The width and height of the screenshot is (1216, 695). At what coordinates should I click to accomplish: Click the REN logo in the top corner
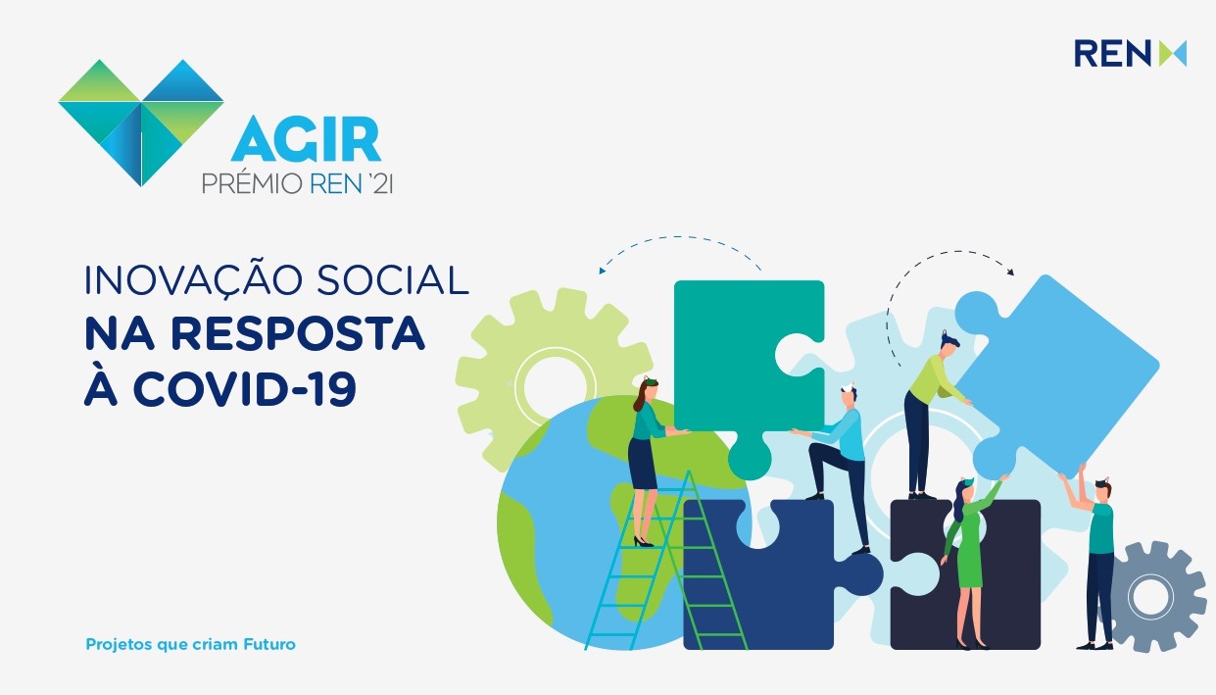coord(1130,53)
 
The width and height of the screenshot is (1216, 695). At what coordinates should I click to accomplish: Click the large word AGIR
coord(306,139)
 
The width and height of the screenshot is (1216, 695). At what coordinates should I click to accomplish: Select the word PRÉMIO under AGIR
coord(252,184)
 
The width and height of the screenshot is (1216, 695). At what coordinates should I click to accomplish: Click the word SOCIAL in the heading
coord(393,280)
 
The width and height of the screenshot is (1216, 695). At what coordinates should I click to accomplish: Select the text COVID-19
coord(244,389)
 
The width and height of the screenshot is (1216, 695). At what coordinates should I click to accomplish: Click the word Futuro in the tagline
coord(269,644)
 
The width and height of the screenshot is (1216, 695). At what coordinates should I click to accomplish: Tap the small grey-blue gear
coord(1152,596)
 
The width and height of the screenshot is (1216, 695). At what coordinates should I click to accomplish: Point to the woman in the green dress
coord(970,560)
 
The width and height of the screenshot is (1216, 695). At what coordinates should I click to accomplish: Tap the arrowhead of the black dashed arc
coord(1010,272)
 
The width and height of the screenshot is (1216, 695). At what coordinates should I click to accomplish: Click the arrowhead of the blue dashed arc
coord(602,270)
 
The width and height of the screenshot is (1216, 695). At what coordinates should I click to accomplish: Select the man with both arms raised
coord(1094,560)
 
